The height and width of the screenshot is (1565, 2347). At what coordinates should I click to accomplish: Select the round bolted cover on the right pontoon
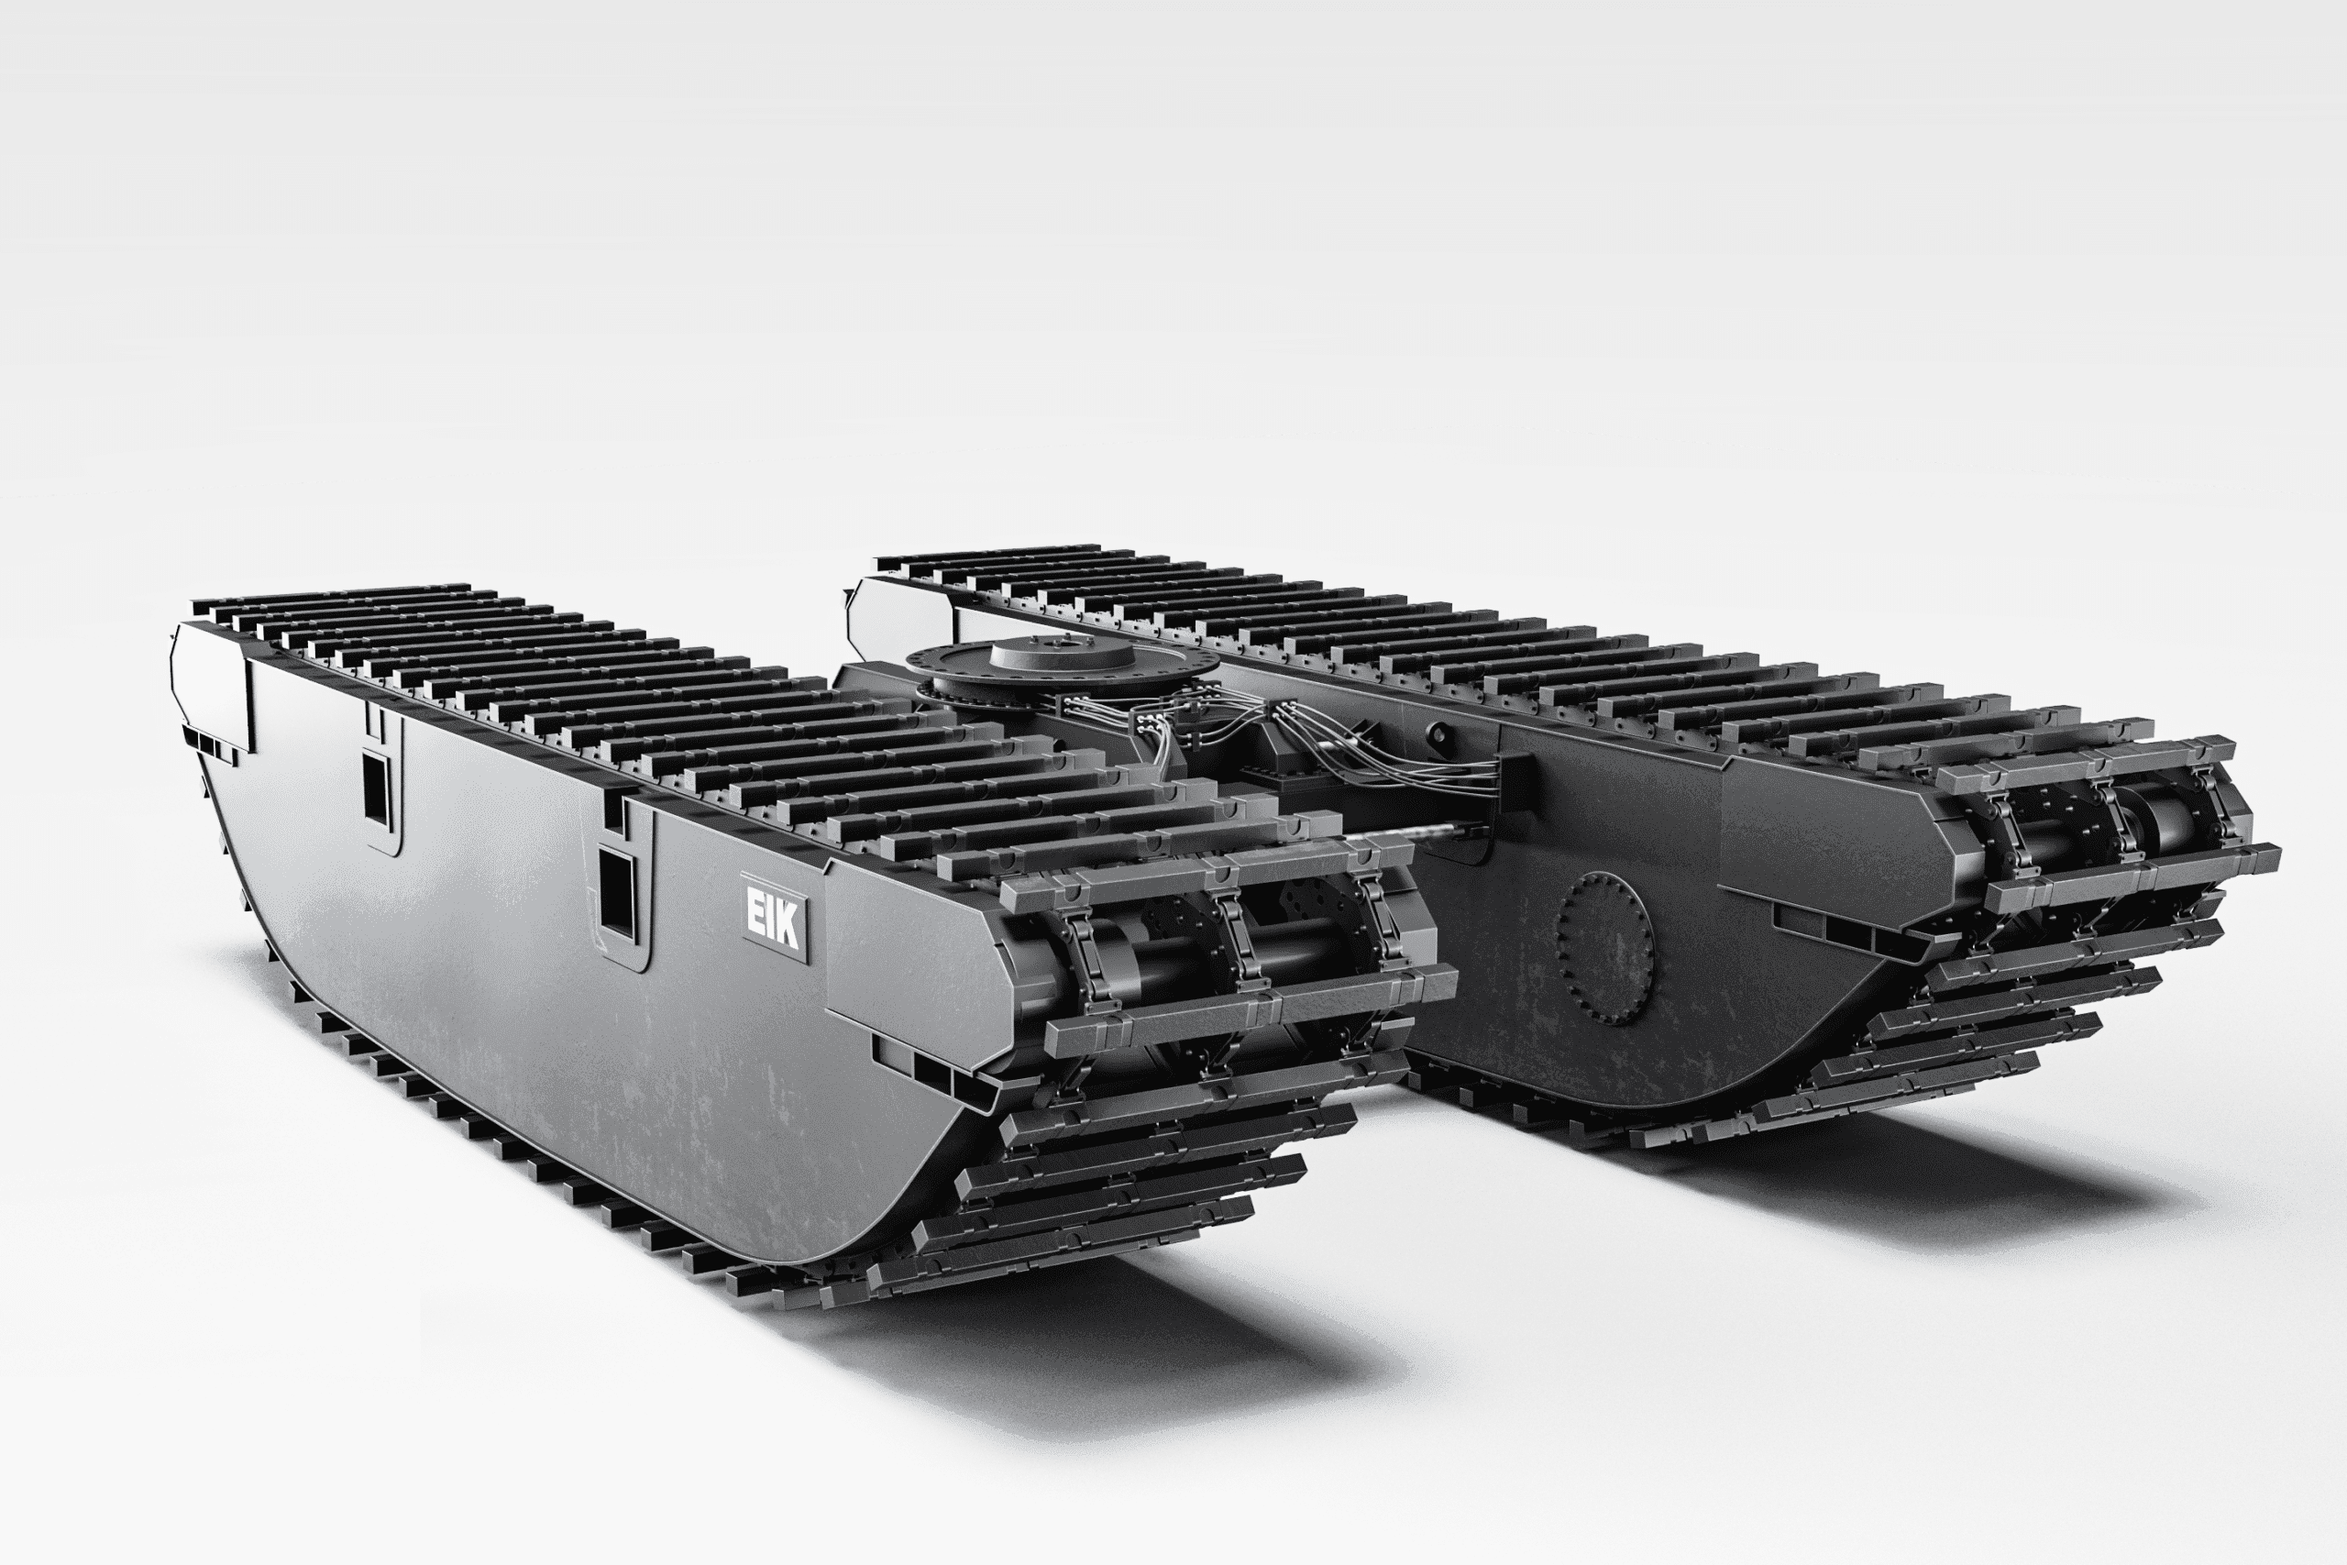(1603, 948)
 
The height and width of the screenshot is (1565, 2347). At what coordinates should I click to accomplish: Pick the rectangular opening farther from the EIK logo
(377, 788)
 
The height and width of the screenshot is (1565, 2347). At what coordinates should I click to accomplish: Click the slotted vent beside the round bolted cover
(1846, 928)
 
